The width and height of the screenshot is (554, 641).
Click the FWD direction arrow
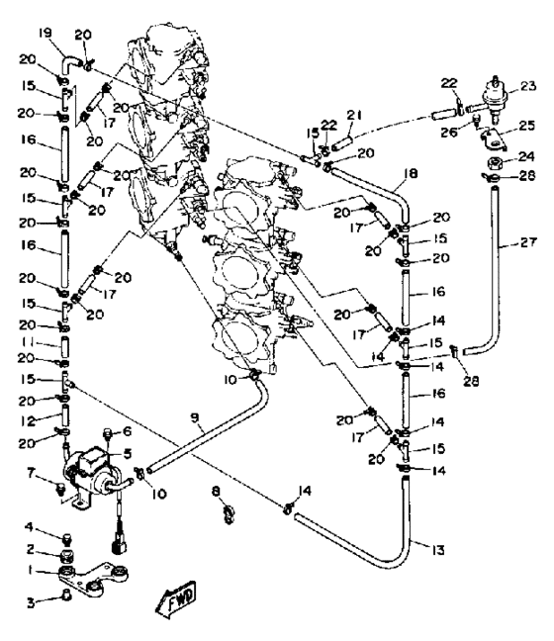(x=177, y=598)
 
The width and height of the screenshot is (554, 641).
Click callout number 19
(x=45, y=33)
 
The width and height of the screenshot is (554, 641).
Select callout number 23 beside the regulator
(x=528, y=86)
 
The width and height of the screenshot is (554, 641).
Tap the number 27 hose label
(x=528, y=242)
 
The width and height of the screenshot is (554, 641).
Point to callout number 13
(x=437, y=550)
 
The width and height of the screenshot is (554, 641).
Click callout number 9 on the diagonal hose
(x=195, y=417)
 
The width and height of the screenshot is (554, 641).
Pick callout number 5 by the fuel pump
(x=128, y=453)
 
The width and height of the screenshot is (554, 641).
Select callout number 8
(x=216, y=491)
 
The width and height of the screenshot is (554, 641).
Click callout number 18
(x=411, y=173)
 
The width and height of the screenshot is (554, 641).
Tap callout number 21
(x=354, y=116)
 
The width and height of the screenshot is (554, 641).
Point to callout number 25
(x=526, y=125)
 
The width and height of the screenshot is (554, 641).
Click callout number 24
(x=526, y=156)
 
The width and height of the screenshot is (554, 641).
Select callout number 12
(x=29, y=420)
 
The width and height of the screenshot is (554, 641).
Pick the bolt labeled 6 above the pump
(x=108, y=433)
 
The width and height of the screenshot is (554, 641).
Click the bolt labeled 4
(x=66, y=539)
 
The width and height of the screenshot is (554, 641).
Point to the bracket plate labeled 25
(x=494, y=139)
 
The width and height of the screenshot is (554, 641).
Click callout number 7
(x=31, y=474)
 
